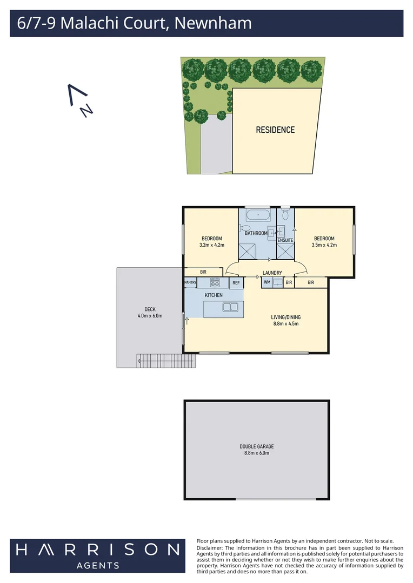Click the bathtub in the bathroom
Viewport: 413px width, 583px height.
pos(258,216)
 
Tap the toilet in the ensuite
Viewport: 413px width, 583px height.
pos(285,215)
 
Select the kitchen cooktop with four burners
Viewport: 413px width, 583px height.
pos(215,282)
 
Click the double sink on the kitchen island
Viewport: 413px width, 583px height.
pos(230,308)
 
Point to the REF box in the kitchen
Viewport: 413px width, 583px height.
pos(236,282)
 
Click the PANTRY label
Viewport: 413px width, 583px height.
pos(190,282)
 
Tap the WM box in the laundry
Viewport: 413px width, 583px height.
pos(267,282)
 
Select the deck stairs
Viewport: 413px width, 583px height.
pos(166,360)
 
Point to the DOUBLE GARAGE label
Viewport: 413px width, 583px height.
pos(257,446)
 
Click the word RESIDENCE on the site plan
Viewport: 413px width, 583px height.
pos(275,130)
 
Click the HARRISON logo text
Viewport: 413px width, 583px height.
pos(97,550)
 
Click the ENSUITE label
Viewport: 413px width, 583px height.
pos(285,240)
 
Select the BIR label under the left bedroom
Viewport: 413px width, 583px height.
pos(203,272)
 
